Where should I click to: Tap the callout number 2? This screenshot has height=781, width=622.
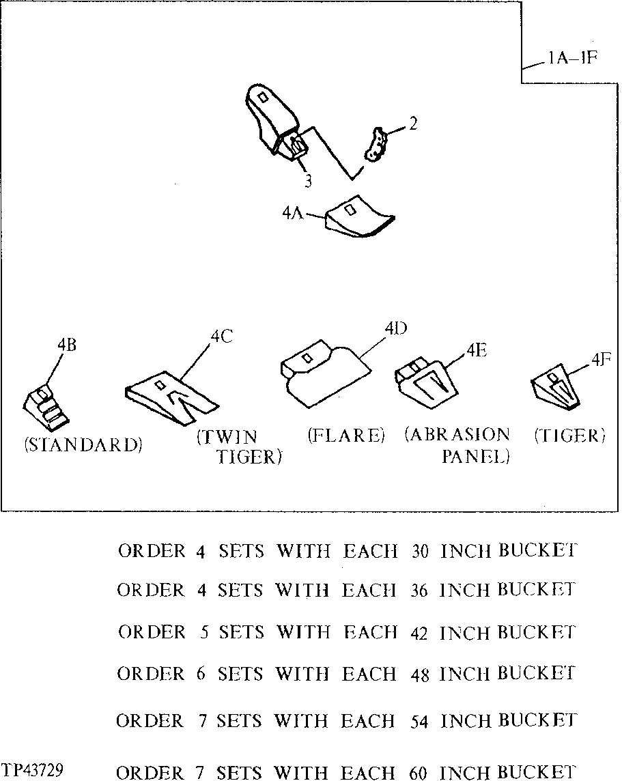pyautogui.click(x=413, y=124)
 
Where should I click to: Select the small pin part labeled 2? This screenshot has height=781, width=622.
pyautogui.click(x=376, y=145)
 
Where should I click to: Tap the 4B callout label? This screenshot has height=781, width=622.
pyautogui.click(x=66, y=345)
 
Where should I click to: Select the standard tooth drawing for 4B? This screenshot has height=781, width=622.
pyautogui.click(x=45, y=407)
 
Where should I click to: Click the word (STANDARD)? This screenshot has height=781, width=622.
pyautogui.click(x=83, y=445)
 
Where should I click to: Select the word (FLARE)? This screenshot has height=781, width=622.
pyautogui.click(x=346, y=436)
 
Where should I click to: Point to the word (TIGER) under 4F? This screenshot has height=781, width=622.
pyautogui.click(x=570, y=436)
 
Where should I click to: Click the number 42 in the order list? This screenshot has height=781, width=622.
pyautogui.click(x=421, y=634)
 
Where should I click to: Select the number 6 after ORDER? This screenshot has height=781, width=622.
pyautogui.click(x=201, y=674)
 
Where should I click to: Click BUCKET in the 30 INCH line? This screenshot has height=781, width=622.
pyautogui.click(x=537, y=550)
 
